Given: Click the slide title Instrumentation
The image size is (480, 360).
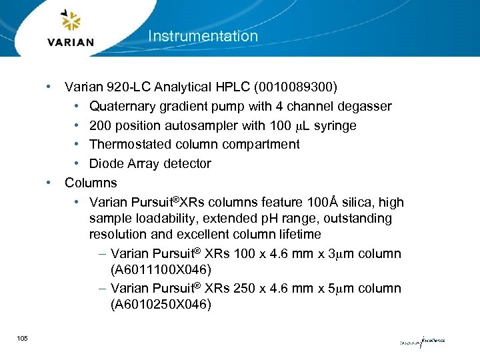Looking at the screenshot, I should [x=203, y=36].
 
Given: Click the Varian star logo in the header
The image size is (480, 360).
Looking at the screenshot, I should [x=70, y=22].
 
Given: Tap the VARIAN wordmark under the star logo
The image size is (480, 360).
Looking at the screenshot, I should [x=71, y=42].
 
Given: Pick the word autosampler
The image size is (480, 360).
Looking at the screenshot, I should [x=213, y=126].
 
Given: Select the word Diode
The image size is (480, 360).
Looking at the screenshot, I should [x=105, y=164].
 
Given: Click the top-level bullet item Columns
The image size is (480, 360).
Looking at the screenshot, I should [x=91, y=183].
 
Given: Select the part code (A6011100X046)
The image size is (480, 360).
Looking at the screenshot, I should [x=161, y=270].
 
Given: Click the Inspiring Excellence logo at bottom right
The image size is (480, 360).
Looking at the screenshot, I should [x=422, y=341].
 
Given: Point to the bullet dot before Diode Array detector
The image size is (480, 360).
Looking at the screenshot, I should [x=77, y=164].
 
